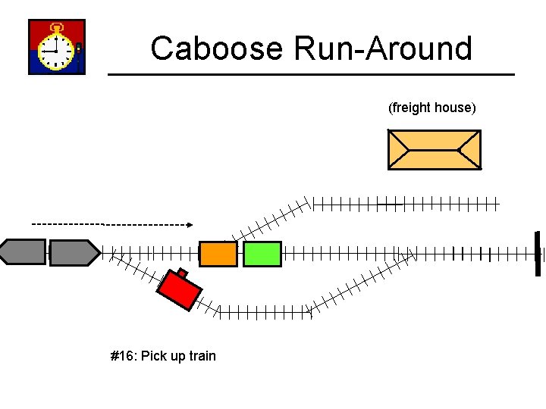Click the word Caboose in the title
coord(218,48)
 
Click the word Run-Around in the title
coord(383,48)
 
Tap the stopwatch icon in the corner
coord(57,47)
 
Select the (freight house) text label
coord(432,108)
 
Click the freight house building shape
coord(434,149)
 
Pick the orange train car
coord(218,254)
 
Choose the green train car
coord(262,254)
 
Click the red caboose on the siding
coord(180,291)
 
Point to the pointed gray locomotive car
coord(74,252)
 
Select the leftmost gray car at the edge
coord(23,252)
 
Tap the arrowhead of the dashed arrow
coord(190,224)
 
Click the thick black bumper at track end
coord(538,253)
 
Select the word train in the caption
coord(202,356)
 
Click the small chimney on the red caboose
coord(182,273)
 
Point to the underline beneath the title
coord(311,74)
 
